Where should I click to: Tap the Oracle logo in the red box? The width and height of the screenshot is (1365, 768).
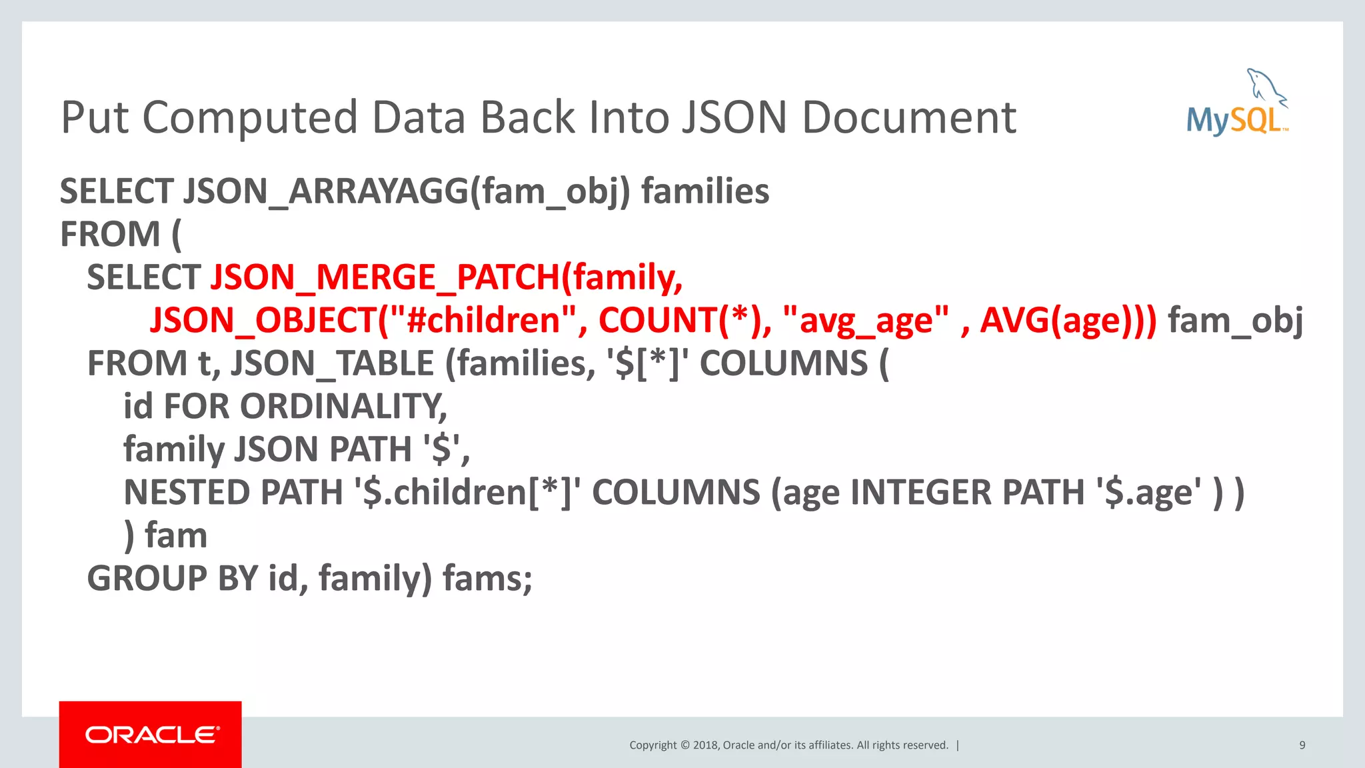point(151,735)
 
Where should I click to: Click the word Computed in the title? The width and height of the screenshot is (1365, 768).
point(250,118)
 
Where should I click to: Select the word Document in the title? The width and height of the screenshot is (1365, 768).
point(908,118)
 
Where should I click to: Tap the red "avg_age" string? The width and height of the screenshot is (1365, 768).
point(866,321)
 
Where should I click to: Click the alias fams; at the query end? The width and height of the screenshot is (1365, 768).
point(487,578)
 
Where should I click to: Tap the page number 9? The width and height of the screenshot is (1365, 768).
point(1302,745)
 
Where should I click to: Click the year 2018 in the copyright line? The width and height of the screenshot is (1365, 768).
point(705,745)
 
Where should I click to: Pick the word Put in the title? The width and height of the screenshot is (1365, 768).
point(94,118)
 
